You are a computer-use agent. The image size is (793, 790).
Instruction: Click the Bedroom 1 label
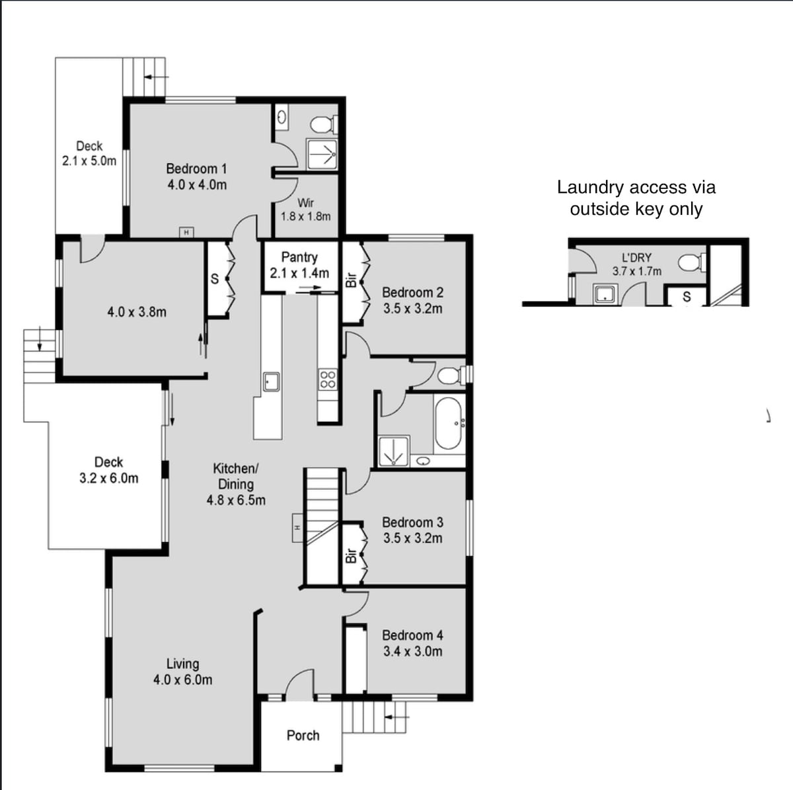[196, 169]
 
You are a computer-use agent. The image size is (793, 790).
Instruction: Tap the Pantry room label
[299, 257]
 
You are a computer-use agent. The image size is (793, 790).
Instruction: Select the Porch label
[303, 736]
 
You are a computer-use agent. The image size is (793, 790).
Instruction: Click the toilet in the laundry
[692, 262]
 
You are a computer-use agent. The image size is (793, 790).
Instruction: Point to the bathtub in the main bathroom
[448, 423]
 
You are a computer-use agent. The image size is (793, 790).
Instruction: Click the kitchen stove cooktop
[328, 379]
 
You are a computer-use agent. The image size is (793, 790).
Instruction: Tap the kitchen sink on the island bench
[271, 381]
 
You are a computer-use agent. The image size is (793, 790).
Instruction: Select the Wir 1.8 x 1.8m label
[305, 210]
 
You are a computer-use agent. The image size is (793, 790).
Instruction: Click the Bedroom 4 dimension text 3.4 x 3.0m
[413, 651]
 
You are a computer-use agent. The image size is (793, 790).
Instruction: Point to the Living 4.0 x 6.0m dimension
[182, 679]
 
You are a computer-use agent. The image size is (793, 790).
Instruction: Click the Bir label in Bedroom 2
[351, 280]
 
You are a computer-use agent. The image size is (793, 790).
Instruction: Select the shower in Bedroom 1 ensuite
[322, 155]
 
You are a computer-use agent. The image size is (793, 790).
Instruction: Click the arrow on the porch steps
[397, 717]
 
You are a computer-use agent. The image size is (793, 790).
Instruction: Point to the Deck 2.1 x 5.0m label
[89, 153]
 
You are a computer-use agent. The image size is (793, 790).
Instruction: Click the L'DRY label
[636, 258]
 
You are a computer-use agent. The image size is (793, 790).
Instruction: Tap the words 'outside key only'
[636, 209]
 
